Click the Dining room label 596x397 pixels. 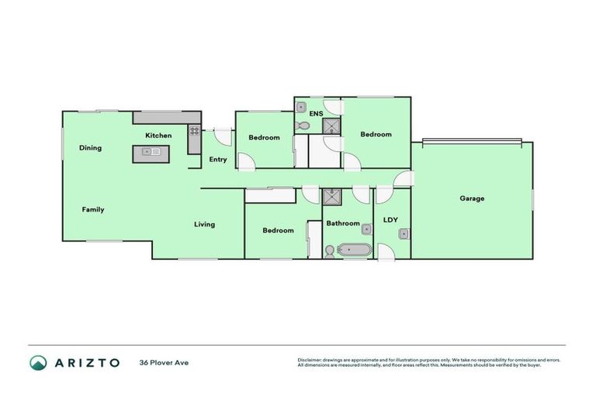(x=90, y=148)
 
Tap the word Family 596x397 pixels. (x=93, y=209)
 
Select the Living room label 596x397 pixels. (x=204, y=225)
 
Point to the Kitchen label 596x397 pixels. (x=158, y=136)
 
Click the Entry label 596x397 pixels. (x=218, y=160)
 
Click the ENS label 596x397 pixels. (x=316, y=115)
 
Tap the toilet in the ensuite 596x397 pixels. (x=302, y=125)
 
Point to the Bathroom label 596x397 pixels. (x=342, y=223)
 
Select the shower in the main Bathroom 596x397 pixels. (x=333, y=195)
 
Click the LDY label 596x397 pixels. (x=390, y=219)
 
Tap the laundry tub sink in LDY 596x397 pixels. (x=404, y=233)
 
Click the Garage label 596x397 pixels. (x=472, y=198)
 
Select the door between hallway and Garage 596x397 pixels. (x=403, y=180)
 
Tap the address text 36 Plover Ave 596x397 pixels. (x=164, y=362)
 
